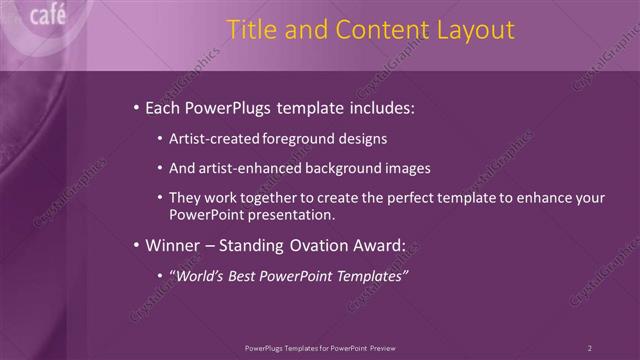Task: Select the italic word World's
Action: (198, 275)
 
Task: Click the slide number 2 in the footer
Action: (590, 347)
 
